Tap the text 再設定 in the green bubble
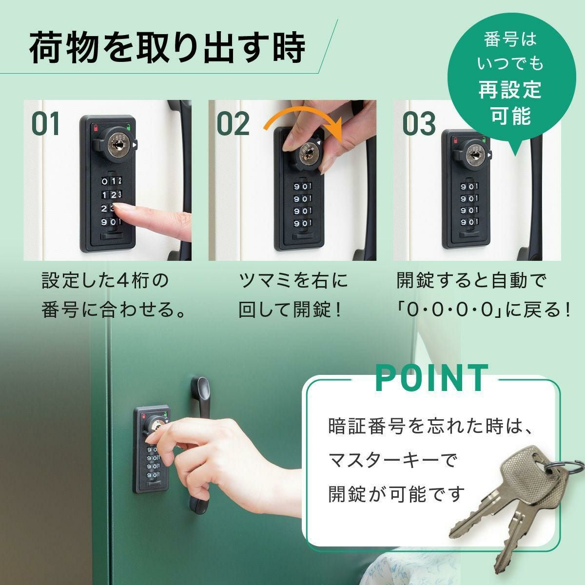pyautogui.click(x=509, y=90)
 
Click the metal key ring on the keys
pyautogui.click(x=561, y=466)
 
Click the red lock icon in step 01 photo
pyautogui.click(x=96, y=128)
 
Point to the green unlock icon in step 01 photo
pyautogui.click(x=128, y=128)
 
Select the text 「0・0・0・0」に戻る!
pyautogui.click(x=483, y=309)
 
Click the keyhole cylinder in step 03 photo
pyautogui.click(x=472, y=155)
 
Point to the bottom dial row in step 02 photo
pyautogui.click(x=303, y=223)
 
